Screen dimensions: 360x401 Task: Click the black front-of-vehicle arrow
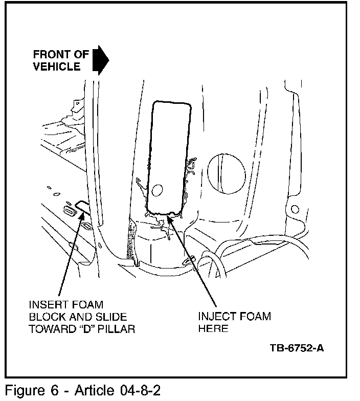101,60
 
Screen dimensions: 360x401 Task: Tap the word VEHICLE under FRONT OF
56,66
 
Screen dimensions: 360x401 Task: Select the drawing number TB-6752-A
297,349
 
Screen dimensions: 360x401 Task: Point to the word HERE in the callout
213,329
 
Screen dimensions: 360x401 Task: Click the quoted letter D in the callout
86,329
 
